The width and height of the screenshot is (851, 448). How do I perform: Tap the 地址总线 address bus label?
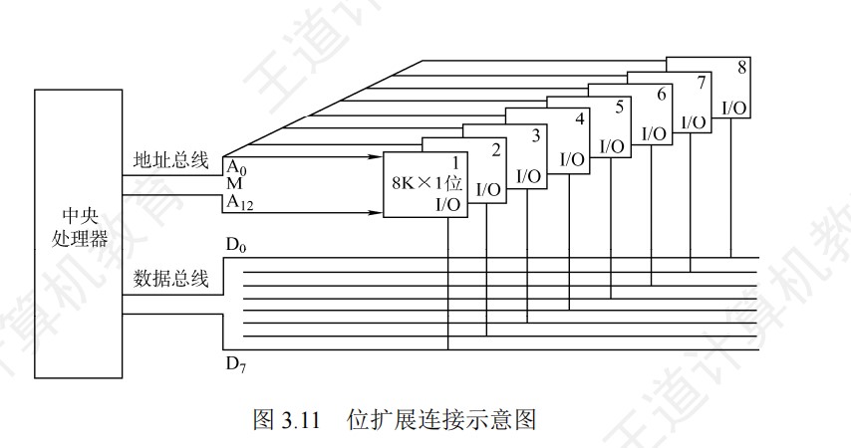(170, 159)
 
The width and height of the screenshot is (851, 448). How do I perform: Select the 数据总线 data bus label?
(170, 279)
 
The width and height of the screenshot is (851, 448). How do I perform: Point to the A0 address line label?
(236, 166)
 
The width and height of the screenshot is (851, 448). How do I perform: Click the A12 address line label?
(240, 202)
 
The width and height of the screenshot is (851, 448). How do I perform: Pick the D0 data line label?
(235, 245)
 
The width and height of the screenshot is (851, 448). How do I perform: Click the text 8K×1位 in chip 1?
(426, 183)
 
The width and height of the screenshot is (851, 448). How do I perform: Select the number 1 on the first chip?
(455, 162)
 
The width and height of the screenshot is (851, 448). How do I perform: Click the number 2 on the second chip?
(495, 149)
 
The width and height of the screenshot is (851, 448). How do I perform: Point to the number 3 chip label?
(536, 134)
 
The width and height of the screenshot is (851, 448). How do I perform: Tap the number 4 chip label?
(579, 120)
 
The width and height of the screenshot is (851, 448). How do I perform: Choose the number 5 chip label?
(620, 106)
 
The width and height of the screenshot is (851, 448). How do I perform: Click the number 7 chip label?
(702, 81)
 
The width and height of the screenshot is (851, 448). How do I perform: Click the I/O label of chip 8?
(735, 107)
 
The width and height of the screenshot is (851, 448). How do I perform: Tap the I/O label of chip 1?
(448, 205)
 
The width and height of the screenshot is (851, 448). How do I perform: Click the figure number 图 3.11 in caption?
(286, 419)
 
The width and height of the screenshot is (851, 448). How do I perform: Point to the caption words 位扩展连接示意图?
(441, 419)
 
